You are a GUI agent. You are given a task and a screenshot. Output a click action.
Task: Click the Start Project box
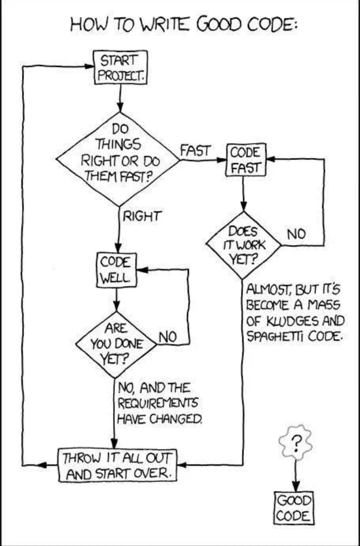pos(120,67)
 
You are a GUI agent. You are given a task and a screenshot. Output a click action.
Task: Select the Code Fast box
pos(246,160)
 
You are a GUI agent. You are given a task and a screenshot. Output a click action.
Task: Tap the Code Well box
pos(116,270)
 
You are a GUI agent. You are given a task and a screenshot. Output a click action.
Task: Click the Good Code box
pos(294,508)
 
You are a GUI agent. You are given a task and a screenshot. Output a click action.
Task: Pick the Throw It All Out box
pos(117,465)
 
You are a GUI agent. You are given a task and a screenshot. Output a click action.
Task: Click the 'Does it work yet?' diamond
pos(243,245)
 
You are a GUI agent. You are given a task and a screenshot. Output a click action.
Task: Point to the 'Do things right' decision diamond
pos(118,159)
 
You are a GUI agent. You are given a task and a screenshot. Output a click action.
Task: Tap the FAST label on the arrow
pos(195,150)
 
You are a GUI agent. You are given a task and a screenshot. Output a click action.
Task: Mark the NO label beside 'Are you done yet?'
pos(168,336)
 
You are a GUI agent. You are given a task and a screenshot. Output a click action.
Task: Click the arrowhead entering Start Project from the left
pos(90,66)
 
